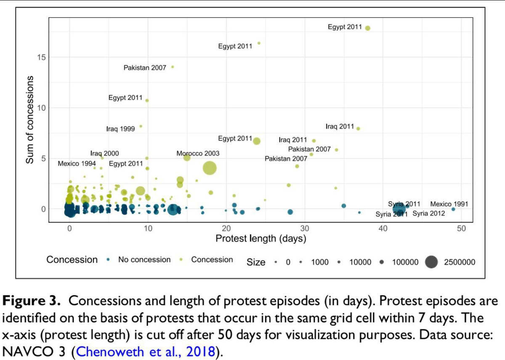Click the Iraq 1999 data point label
(x=121, y=129)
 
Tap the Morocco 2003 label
(x=198, y=154)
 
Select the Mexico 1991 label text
(x=449, y=204)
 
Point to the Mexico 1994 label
(x=77, y=163)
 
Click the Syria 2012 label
(x=428, y=213)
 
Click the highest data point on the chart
(x=368, y=28)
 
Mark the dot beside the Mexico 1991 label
(x=453, y=209)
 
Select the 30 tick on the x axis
(x=305, y=228)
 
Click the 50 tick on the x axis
(x=461, y=228)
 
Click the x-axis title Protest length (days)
(x=261, y=239)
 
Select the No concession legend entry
(x=144, y=260)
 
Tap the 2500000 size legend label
(x=459, y=262)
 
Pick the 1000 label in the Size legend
(x=320, y=262)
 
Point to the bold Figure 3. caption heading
(x=33, y=301)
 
